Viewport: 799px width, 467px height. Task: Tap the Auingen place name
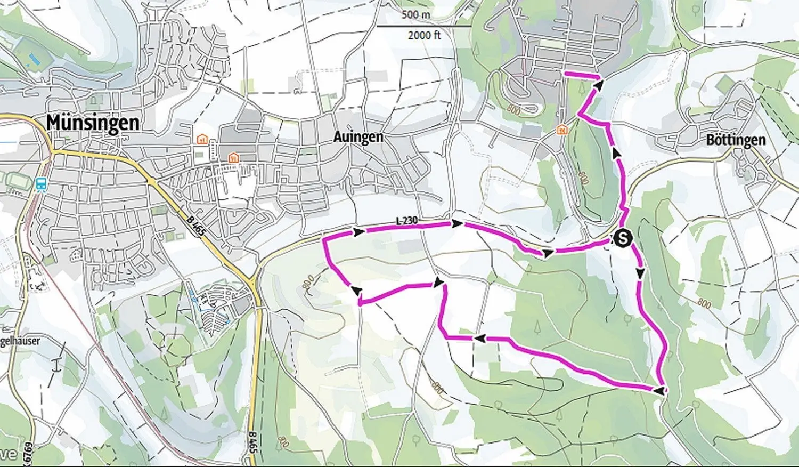pos(358,137)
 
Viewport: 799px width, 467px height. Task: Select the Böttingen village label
pos(736,140)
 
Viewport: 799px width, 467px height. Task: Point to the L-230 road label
pos(406,220)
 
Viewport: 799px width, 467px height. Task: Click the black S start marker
pos(622,238)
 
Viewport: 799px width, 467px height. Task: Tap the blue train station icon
pos(40,184)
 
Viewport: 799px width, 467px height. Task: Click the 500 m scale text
pos(416,14)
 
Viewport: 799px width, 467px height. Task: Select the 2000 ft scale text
pos(425,36)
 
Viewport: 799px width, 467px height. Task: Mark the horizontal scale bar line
pos(425,26)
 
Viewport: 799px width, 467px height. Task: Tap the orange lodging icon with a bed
pos(202,139)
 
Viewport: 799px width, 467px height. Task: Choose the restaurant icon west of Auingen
pos(233,157)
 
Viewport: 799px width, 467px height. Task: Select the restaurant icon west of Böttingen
pos(561,130)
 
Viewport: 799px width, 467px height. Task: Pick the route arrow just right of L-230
pos(457,223)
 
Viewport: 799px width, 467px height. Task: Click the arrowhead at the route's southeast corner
pos(660,391)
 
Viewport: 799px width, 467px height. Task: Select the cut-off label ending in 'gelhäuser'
pos(20,340)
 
